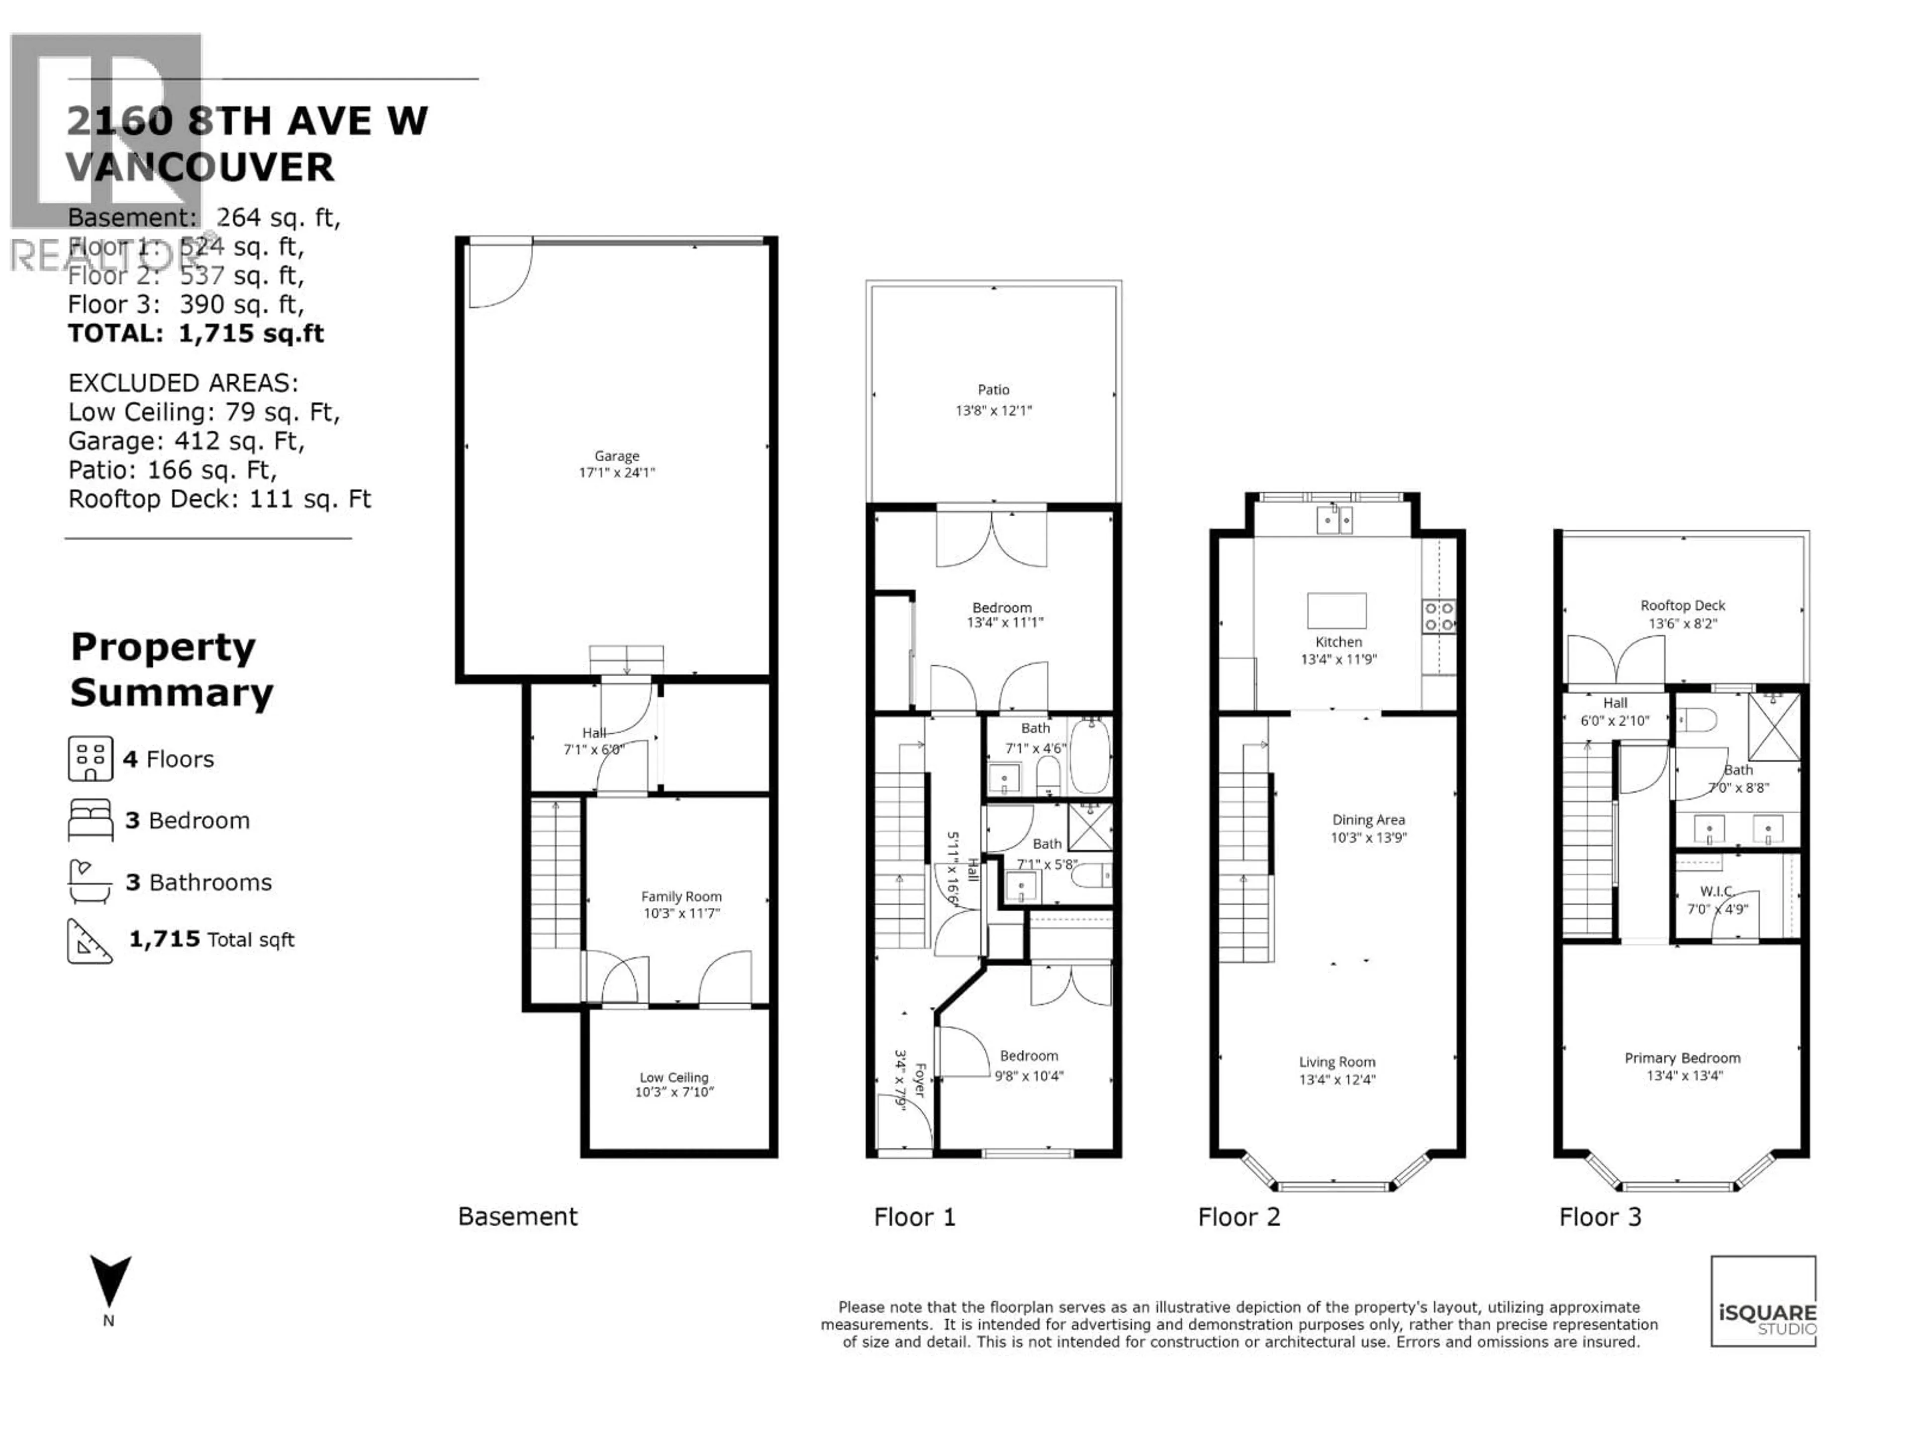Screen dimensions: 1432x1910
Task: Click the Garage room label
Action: [616, 456]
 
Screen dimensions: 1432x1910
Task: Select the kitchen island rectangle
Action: [1336, 610]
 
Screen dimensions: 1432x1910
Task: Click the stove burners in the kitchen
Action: [1438, 616]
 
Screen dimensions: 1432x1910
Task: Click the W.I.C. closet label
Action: [1716, 891]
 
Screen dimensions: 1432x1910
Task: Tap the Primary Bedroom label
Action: [1682, 1058]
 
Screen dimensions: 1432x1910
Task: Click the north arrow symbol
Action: [109, 1281]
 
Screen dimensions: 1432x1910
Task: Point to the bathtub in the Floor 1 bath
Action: [1091, 756]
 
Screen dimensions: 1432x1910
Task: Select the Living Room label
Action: [1337, 1063]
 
